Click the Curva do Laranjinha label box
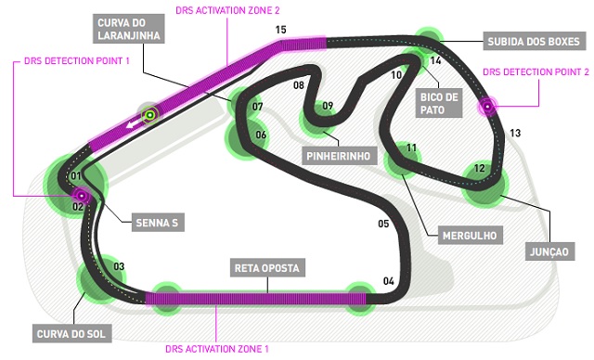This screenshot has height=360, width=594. pyautogui.click(x=129, y=29)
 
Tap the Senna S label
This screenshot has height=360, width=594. pyautogui.click(x=157, y=223)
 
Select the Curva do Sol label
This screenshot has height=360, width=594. pyautogui.click(x=71, y=334)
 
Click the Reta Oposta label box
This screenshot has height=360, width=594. pyautogui.click(x=267, y=268)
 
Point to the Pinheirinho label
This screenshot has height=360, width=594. pyautogui.click(x=339, y=156)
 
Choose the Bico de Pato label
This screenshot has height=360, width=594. pyautogui.click(x=439, y=103)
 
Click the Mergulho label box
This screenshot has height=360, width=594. pyautogui.click(x=470, y=236)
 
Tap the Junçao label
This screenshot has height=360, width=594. pyautogui.click(x=549, y=251)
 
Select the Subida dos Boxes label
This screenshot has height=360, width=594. pyautogui.click(x=534, y=41)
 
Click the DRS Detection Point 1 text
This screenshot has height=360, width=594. pyautogui.click(x=76, y=60)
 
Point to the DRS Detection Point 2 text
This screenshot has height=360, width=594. pyautogui.click(x=536, y=71)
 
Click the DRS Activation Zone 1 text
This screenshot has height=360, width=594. pyautogui.click(x=217, y=349)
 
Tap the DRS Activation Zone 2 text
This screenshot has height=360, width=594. pyautogui.click(x=227, y=10)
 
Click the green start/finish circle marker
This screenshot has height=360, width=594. pyautogui.click(x=150, y=114)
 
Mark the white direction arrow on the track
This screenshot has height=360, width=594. pyautogui.click(x=132, y=123)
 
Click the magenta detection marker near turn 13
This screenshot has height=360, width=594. pyautogui.click(x=487, y=107)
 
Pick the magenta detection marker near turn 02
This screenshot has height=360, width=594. pyautogui.click(x=81, y=196)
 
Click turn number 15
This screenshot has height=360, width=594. pyautogui.click(x=280, y=30)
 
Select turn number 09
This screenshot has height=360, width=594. pyautogui.click(x=328, y=106)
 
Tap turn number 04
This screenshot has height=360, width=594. pyautogui.click(x=389, y=281)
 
